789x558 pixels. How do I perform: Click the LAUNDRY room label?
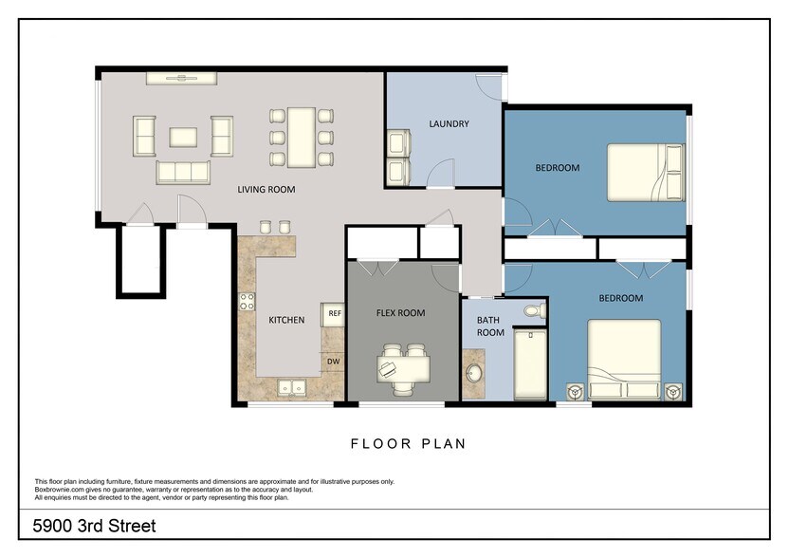(449, 123)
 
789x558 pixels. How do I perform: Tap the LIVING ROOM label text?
(266, 190)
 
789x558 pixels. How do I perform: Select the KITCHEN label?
(285, 321)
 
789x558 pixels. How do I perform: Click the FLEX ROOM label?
(400, 313)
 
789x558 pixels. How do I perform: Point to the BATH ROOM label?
(490, 326)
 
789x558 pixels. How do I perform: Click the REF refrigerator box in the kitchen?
(334, 313)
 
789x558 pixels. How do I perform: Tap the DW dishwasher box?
(334, 361)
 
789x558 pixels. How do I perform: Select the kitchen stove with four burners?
(247, 303)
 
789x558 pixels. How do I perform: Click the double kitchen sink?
(290, 387)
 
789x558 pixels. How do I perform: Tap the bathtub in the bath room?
(530, 363)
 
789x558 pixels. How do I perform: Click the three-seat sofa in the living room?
(183, 172)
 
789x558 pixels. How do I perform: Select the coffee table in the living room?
(183, 137)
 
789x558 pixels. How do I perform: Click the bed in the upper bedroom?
(645, 172)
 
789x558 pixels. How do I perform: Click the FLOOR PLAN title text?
(408, 443)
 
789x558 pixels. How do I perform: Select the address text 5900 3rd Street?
(95, 525)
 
